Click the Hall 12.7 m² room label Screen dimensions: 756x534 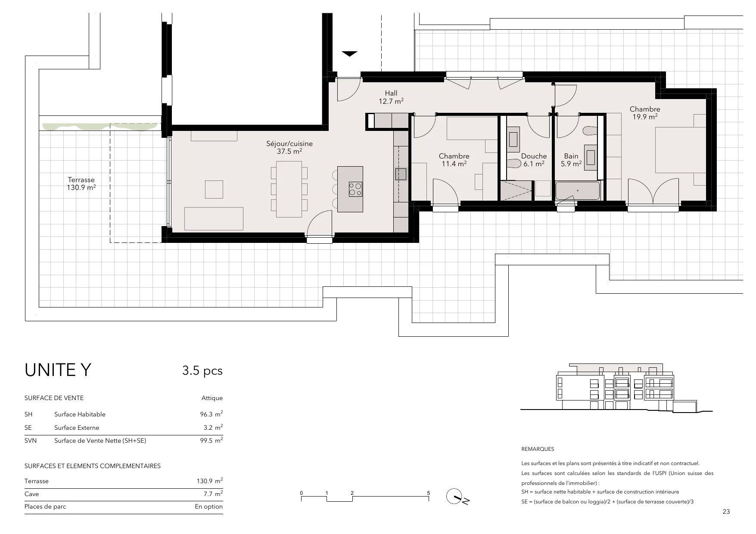[x=391, y=97]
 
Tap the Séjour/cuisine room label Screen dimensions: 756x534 [x=289, y=147]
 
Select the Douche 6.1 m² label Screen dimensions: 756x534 [x=534, y=160]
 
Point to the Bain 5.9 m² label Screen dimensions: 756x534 [x=571, y=160]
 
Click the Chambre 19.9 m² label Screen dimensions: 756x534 [x=645, y=113]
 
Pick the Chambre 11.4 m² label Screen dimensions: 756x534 [x=454, y=160]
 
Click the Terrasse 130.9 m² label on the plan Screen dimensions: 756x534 [x=81, y=183]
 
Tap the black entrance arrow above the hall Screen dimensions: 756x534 [x=349, y=54]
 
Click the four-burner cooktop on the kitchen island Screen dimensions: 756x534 [x=355, y=189]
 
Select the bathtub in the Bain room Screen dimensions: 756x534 [x=577, y=190]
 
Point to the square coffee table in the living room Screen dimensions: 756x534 [x=214, y=189]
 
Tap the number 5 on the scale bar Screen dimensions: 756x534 [x=429, y=493]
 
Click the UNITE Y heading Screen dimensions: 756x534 [x=58, y=370]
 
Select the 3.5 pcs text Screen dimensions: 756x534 [x=202, y=371]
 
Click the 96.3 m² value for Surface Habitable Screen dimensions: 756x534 [x=211, y=414]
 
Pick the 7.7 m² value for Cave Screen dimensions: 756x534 [x=213, y=494]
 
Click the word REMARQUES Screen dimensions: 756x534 [x=538, y=449]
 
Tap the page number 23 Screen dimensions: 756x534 [x=726, y=512]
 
